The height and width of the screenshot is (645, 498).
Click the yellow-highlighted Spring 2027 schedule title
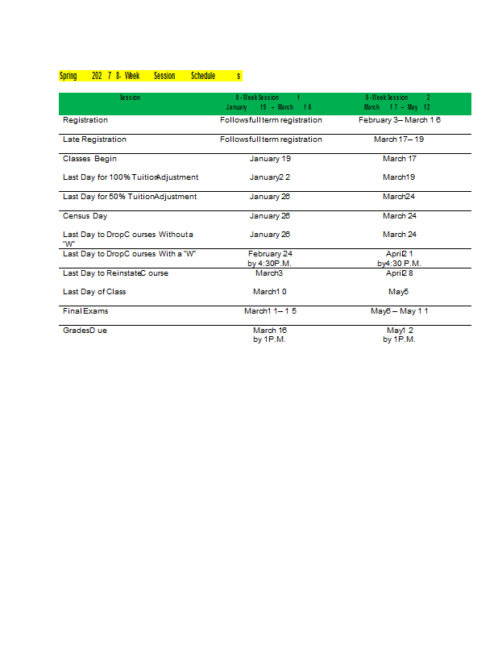tap(150, 76)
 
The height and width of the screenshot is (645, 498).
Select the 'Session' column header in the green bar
tap(130, 98)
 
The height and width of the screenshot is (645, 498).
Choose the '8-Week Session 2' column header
tap(397, 102)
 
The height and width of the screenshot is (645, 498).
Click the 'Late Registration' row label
tap(94, 139)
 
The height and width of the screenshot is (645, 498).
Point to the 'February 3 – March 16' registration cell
tap(399, 120)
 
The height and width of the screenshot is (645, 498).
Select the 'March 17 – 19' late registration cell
tap(399, 139)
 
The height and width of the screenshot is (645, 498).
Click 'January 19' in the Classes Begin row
tap(270, 159)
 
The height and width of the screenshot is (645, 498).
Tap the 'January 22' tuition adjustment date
tap(270, 177)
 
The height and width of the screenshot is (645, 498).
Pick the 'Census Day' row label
tap(85, 216)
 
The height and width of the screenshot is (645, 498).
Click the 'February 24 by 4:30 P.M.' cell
tap(270, 258)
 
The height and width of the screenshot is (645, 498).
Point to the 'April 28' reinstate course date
tap(399, 273)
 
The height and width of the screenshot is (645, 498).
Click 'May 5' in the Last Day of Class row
tap(399, 292)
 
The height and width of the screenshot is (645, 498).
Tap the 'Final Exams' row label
tap(85, 310)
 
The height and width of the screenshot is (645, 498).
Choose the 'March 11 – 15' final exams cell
tap(270, 310)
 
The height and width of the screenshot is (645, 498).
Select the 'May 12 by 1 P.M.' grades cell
tap(399, 335)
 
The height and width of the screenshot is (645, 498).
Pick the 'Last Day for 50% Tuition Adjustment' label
tap(130, 197)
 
